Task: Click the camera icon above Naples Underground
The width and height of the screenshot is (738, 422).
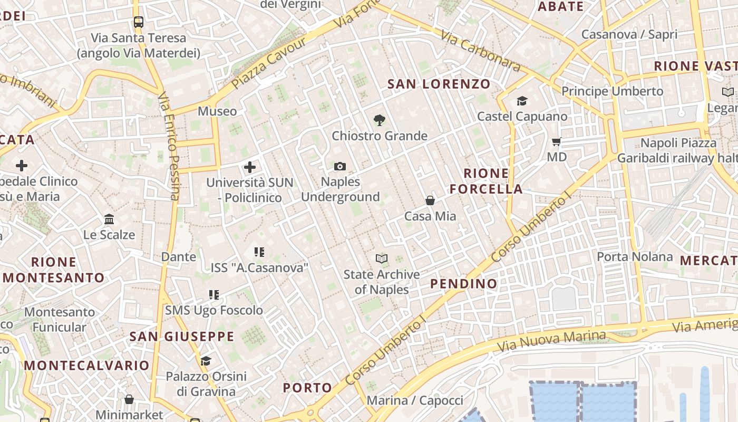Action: pos(340,167)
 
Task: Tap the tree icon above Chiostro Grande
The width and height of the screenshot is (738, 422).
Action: pos(379,121)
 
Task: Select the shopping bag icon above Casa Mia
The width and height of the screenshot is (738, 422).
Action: pos(430,200)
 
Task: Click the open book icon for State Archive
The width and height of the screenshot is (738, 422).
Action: pos(381,258)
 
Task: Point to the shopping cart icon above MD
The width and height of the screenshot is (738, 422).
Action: pos(556,141)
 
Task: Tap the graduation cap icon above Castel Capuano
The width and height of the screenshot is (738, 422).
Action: pos(522,101)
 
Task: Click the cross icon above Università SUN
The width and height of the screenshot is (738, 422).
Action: pos(250,168)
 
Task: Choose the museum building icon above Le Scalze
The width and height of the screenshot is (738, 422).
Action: pos(109,219)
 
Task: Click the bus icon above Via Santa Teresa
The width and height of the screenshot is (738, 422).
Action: pos(139,22)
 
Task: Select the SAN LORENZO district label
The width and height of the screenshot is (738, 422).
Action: pos(439,84)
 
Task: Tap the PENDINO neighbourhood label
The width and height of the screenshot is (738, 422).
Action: pos(464,284)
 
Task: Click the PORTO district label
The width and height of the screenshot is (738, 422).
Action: pos(308,388)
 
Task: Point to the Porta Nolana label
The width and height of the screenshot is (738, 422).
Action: pos(635,257)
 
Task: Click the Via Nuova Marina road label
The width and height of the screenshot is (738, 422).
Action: pos(552,341)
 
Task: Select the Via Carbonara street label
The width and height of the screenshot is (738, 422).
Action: pos(481,52)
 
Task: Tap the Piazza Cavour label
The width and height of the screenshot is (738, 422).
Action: pos(269,63)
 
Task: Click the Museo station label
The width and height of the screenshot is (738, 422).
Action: pos(217,111)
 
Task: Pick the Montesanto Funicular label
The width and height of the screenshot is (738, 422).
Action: pos(60,319)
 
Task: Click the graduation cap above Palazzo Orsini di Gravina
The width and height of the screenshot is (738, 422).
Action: pos(206,361)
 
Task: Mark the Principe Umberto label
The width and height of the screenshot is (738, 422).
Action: pos(613,91)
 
